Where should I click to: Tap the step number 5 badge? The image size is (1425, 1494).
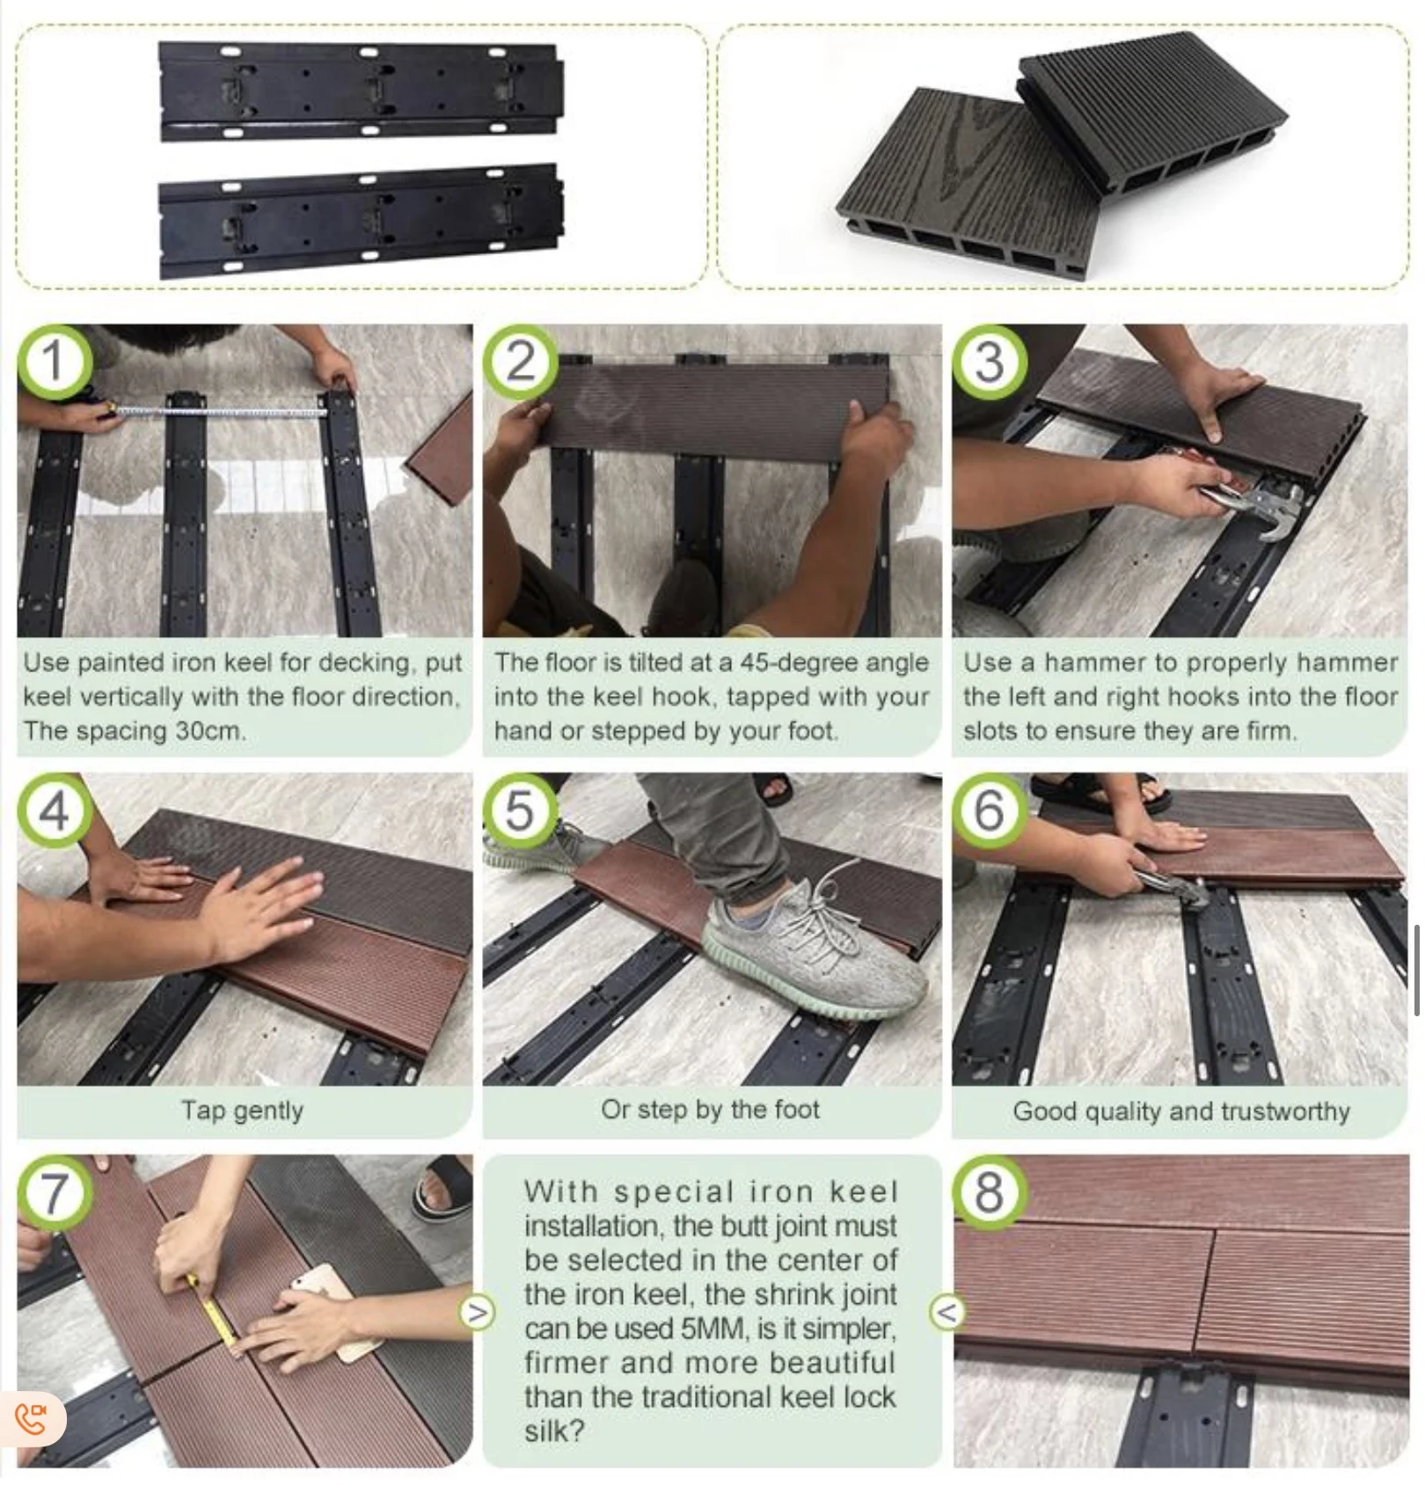(520, 809)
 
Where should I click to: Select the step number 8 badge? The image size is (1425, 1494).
(990, 1191)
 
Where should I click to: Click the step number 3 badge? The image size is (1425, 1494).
(990, 361)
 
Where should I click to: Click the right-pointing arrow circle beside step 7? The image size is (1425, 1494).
(477, 1313)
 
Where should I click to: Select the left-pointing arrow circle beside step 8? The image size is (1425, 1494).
(946, 1313)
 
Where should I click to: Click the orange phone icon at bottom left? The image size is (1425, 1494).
(31, 1418)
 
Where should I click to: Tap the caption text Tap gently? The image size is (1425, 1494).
(242, 1110)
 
